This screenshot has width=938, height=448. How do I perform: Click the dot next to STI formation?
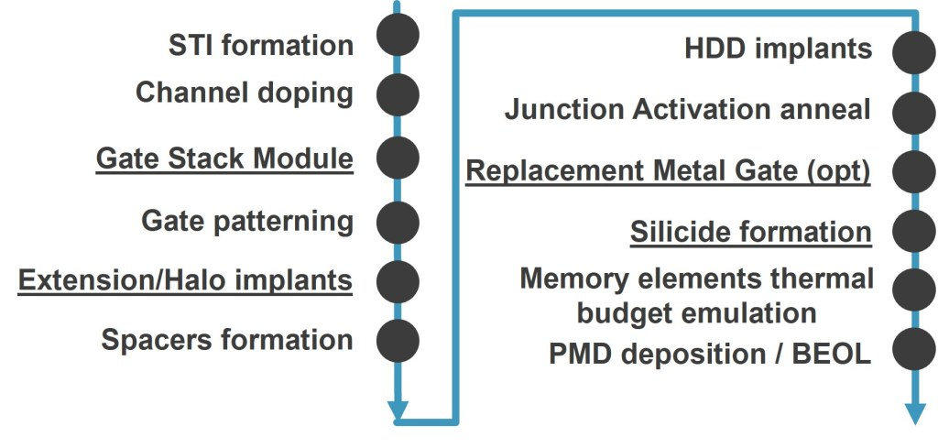398,35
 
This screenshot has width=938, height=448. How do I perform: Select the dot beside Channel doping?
398,94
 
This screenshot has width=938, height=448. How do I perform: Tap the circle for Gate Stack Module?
398,158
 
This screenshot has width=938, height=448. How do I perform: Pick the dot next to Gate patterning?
398,223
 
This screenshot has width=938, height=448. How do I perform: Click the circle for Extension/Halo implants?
398,281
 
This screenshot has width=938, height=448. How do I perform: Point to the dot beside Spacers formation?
398,340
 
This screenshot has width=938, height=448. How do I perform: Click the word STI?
187,46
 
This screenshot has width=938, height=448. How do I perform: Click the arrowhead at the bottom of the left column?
398,410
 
